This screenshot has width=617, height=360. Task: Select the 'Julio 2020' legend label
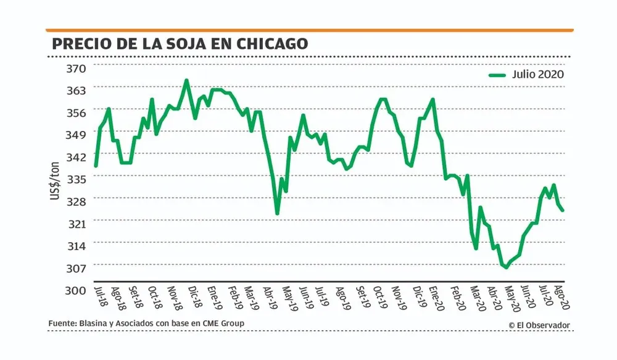click(x=537, y=74)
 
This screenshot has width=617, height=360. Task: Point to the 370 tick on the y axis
click(x=78, y=68)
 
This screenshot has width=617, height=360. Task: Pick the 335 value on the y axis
click(x=78, y=179)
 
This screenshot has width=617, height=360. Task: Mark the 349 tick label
click(x=78, y=135)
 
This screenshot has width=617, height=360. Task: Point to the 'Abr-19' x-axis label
click(x=270, y=297)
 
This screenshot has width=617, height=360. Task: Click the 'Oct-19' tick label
click(x=383, y=297)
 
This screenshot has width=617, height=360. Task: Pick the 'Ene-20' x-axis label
click(x=439, y=297)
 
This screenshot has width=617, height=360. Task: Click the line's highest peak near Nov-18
click(x=186, y=80)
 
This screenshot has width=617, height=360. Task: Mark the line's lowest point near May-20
click(x=506, y=267)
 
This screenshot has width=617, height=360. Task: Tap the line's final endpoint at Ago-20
click(x=562, y=211)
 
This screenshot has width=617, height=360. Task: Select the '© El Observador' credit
click(x=539, y=325)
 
